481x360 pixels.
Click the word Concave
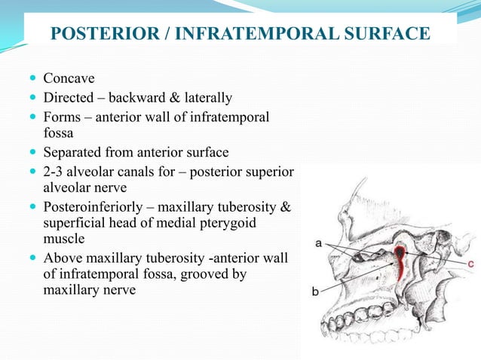tap(69, 78)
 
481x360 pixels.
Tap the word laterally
tap(207, 98)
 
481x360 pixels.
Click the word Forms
tap(61, 117)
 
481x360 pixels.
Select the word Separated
tap(73, 153)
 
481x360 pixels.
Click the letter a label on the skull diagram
tap(320, 243)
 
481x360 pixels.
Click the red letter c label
tap(470, 264)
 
